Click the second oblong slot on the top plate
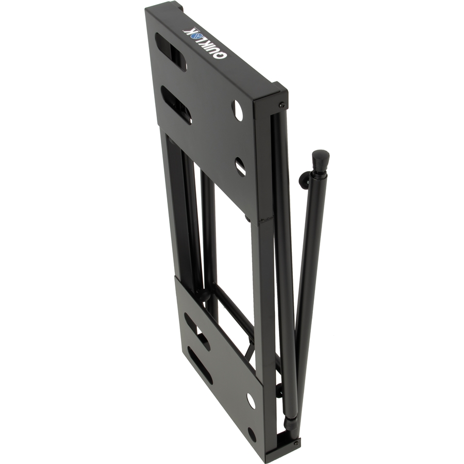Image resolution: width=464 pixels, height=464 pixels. [176, 105]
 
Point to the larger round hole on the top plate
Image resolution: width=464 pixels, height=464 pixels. [238, 110]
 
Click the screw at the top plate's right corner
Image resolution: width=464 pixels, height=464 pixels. [283, 104]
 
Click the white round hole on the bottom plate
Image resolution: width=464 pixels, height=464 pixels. [251, 401]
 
